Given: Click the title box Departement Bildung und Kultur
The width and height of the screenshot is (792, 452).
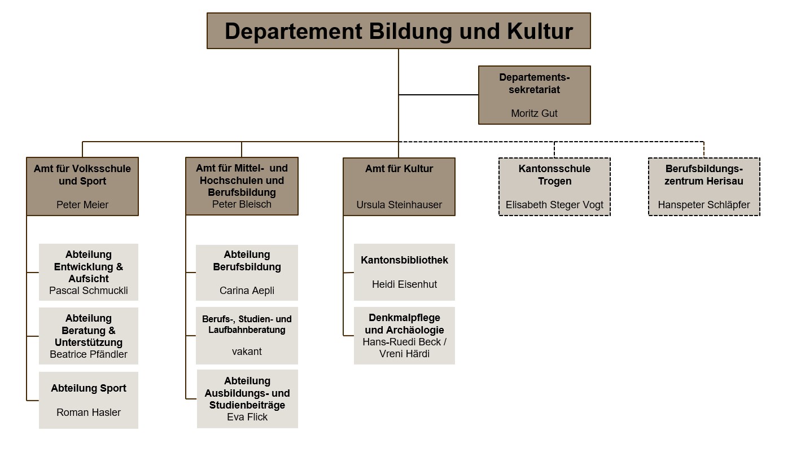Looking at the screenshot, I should tap(399, 31).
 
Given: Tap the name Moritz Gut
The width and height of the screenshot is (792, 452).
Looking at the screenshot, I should tap(534, 113).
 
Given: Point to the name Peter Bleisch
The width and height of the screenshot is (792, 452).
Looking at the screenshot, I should tap(242, 204).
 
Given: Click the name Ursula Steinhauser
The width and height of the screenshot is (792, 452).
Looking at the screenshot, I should tap(399, 205).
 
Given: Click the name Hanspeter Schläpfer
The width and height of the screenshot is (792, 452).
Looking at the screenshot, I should tap(704, 205).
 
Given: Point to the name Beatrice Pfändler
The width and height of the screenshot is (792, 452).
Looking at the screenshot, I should tap(89, 354).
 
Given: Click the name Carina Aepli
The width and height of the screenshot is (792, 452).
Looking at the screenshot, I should tap(247, 291).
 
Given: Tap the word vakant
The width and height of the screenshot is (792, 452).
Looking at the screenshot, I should tap(247, 352).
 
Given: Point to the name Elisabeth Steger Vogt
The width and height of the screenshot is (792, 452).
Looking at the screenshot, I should tap(554, 205).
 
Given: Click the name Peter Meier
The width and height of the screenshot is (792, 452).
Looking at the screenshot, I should tap(82, 205).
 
